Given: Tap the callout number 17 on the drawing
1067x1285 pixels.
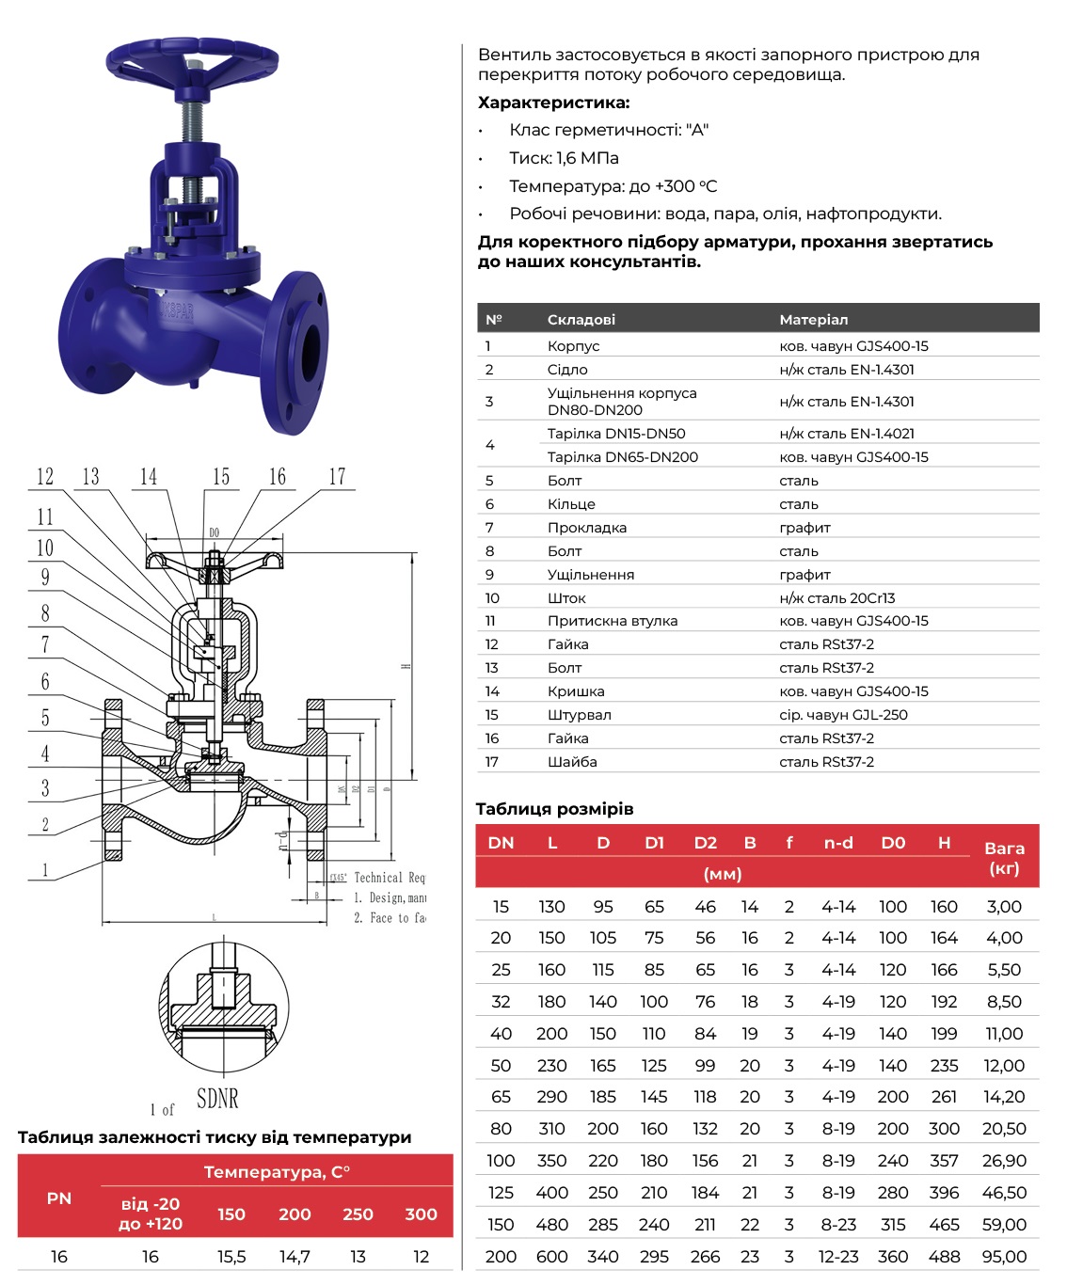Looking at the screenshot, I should [x=337, y=477].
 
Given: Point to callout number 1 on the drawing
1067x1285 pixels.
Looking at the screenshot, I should [x=45, y=869].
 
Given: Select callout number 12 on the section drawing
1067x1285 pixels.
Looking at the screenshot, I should [x=45, y=477].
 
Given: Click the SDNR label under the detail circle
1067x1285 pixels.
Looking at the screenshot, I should [x=217, y=1098].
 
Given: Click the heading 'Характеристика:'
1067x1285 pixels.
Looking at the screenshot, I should [x=553, y=103].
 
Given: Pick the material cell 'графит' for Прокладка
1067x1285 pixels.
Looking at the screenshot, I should [x=804, y=528].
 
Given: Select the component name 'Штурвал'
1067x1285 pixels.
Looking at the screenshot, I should [x=579, y=715].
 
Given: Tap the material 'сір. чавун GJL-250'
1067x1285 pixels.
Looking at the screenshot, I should [x=843, y=715].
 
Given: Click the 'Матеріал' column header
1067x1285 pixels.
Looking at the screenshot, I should [x=813, y=320].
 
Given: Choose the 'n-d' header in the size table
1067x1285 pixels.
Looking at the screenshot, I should [x=837, y=843].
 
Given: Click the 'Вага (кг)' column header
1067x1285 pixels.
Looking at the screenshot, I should [x=1004, y=857].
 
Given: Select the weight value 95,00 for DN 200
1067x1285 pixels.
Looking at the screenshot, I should [x=1004, y=1256].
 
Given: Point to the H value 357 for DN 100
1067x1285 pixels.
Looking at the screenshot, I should [x=944, y=1161].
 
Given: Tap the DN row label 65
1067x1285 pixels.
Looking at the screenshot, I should [x=501, y=1097].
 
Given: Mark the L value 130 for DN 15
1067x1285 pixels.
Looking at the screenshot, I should [x=551, y=907].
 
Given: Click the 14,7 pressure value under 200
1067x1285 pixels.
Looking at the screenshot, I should [x=295, y=1257].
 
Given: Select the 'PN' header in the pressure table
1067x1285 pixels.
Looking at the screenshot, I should [x=58, y=1198].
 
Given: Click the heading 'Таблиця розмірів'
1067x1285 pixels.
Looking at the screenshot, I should [x=554, y=809].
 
